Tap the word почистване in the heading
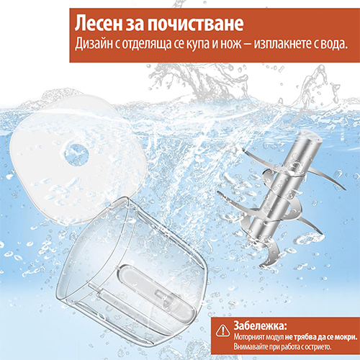195,24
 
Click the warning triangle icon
222,330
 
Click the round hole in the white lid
76,155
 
